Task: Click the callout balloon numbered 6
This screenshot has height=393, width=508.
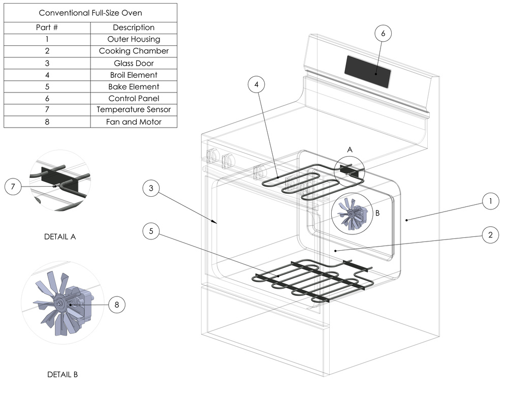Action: (x=383, y=34)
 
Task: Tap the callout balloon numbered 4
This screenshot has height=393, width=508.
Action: (x=258, y=85)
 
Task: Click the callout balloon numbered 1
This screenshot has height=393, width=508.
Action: (x=490, y=202)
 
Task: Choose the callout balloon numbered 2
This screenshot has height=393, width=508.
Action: (x=490, y=235)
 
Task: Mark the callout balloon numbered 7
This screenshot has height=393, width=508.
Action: (x=14, y=187)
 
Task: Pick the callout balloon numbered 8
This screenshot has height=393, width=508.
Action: (x=116, y=305)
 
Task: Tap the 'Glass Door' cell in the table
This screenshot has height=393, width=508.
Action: (x=134, y=63)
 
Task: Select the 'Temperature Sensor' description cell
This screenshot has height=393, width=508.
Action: (x=134, y=110)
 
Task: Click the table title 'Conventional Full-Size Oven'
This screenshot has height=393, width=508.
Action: (x=90, y=13)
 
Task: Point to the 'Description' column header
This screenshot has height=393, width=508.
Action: (x=134, y=27)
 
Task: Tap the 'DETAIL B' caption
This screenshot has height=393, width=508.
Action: (x=62, y=375)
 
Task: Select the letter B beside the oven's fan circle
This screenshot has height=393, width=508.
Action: (x=377, y=214)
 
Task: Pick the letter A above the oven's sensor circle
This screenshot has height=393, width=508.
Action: (x=350, y=150)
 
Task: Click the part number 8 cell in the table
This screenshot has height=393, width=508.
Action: (x=47, y=122)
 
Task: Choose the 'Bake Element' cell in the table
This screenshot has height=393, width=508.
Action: (x=134, y=86)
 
